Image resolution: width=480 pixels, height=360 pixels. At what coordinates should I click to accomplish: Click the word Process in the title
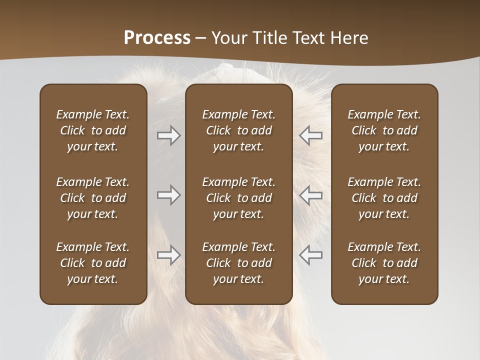pos(157,38)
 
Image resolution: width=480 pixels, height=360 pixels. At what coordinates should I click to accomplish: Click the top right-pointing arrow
pos(168,135)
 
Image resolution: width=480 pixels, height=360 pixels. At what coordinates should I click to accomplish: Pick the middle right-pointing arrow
pos(168,195)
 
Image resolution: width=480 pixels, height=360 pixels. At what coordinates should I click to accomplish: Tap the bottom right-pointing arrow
pos(168,255)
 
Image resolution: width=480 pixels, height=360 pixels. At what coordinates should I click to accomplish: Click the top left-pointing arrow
pos(311,135)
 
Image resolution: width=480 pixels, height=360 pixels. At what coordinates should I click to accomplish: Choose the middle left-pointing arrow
pos(311,195)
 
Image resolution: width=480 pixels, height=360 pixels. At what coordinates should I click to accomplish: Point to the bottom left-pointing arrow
pos(311,255)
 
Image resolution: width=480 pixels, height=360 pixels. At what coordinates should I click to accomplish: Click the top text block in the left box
pos(93,130)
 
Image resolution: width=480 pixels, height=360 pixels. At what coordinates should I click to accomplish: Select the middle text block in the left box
pos(93,198)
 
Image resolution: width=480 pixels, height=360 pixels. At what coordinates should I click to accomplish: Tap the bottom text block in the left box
pos(93,263)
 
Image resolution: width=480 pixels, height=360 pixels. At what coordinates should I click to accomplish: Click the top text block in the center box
pos(238,130)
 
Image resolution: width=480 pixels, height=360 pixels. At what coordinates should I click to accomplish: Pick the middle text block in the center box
pos(238,198)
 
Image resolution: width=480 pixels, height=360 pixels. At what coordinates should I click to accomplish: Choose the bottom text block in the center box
pos(238,263)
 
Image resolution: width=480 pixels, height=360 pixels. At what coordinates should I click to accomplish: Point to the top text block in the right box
pos(384,130)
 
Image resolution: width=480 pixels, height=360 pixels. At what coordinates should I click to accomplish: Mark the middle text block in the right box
pos(384,198)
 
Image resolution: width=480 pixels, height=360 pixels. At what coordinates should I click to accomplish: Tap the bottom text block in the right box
pos(384,263)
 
